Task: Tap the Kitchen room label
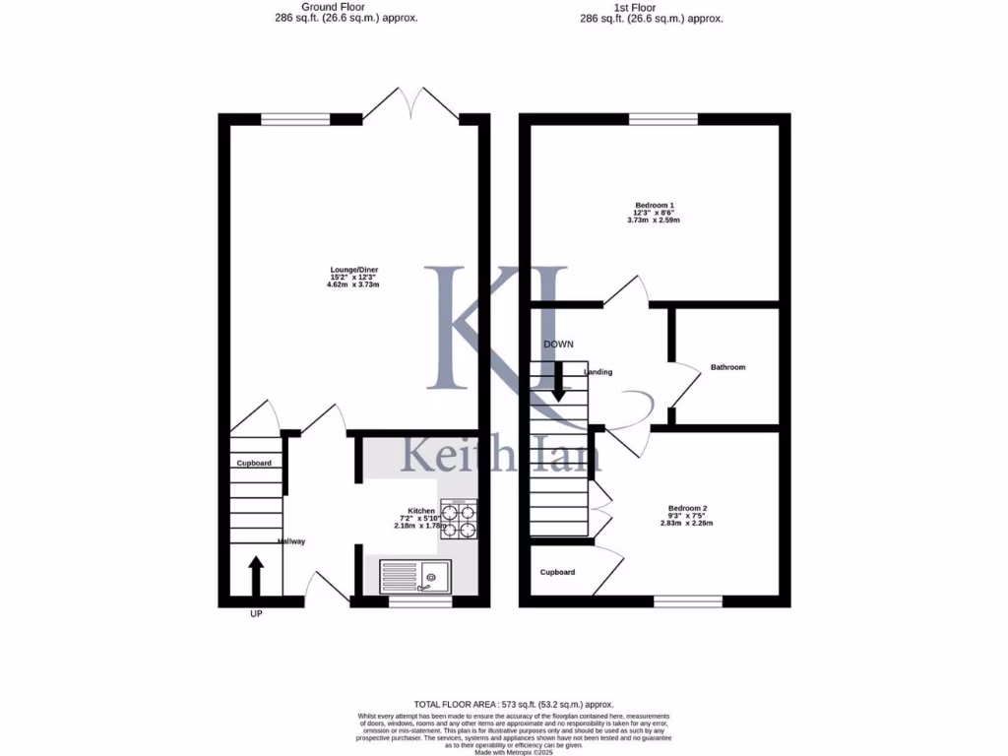tap(421, 511)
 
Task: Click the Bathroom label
tap(727, 367)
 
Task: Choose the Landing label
tap(598, 372)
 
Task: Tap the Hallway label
tap(292, 541)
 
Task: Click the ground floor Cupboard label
tap(253, 463)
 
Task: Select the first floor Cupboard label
tap(557, 572)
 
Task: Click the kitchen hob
tap(459, 520)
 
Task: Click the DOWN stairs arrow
tap(558, 381)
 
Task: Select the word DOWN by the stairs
tap(558, 344)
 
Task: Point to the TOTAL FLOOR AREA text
tap(513, 704)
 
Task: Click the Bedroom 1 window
tap(662, 120)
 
